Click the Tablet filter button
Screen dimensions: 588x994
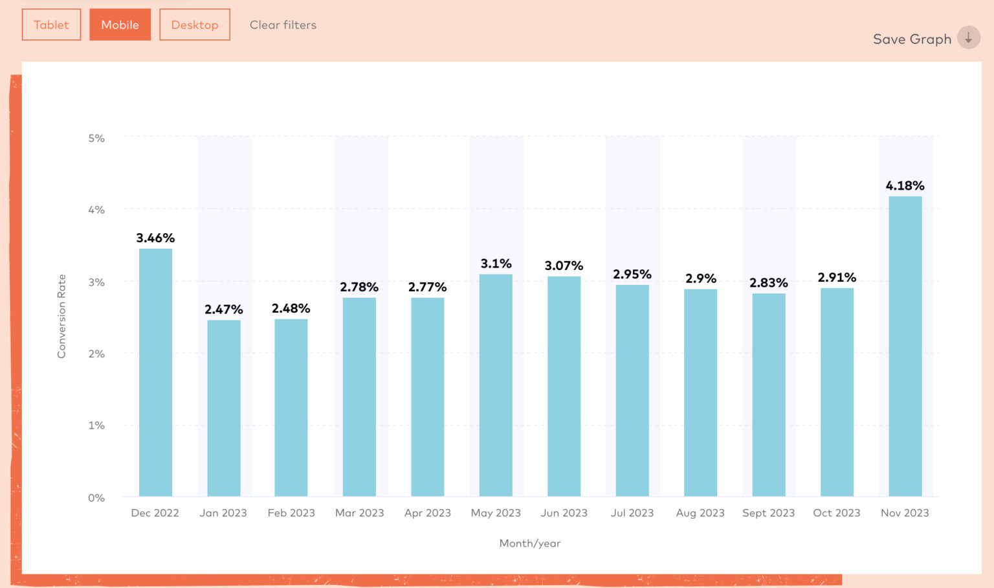[51, 25]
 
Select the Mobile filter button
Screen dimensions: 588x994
[120, 25]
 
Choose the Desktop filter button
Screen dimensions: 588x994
[195, 25]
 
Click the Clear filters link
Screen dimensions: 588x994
[283, 25]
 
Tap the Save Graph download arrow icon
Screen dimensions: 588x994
[968, 38]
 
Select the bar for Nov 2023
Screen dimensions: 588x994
[905, 346]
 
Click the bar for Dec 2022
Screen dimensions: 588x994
[155, 372]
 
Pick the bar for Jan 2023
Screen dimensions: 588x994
[223, 408]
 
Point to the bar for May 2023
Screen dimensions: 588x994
[496, 385]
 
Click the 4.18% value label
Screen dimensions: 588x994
[905, 186]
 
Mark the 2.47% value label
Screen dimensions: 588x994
[223, 310]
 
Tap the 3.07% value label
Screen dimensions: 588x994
[564, 266]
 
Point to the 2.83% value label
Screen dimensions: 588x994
[768, 283]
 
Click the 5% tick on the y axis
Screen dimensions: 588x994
[96, 138]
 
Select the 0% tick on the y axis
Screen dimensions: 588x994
[96, 497]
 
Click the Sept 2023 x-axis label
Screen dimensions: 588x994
[768, 513]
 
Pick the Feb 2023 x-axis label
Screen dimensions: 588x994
[291, 513]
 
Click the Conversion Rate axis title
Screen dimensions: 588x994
[61, 316]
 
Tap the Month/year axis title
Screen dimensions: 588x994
[529, 543]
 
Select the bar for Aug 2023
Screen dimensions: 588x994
[700, 392]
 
